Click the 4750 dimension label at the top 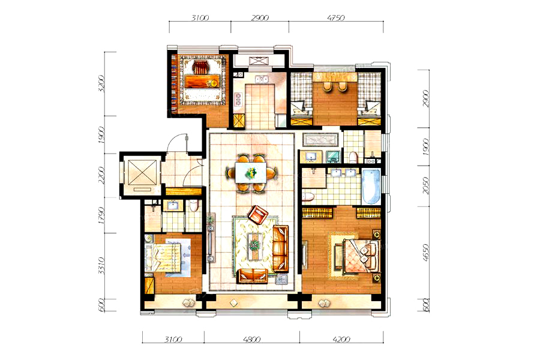tap(336, 17)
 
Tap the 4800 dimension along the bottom tap(252, 340)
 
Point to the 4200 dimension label tap(341, 340)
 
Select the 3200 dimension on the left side tap(101, 83)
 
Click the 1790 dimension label tap(101, 215)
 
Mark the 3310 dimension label tap(101, 266)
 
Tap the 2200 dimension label tap(101, 175)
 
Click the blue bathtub tap(371, 187)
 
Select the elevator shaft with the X tap(139, 175)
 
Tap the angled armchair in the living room tap(257, 214)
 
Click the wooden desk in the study tap(202, 82)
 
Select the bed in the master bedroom tap(361, 255)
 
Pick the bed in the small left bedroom tap(163, 257)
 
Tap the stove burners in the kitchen tap(237, 99)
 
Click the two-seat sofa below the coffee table tap(253, 275)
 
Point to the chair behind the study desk tap(200, 67)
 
